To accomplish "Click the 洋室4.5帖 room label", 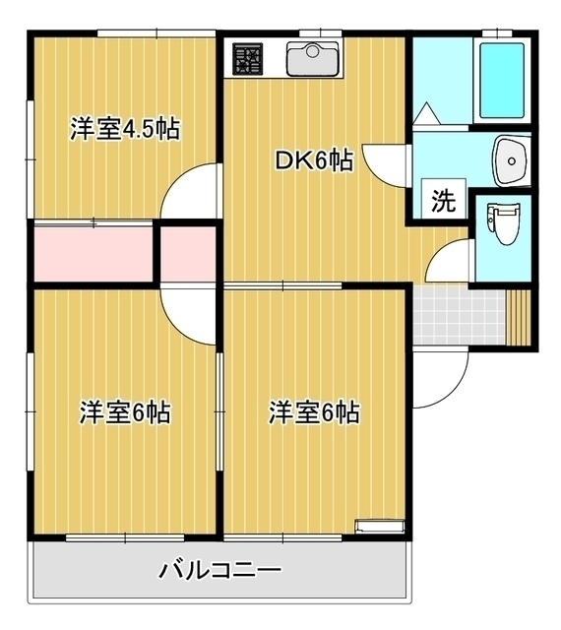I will (124, 129).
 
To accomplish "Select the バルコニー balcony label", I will (219, 570).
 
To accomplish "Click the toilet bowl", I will (504, 224).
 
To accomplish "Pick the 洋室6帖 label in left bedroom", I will (124, 412).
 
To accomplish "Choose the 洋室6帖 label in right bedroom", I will (314, 412).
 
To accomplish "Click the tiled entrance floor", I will (458, 315).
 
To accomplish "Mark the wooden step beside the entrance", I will (520, 315).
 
